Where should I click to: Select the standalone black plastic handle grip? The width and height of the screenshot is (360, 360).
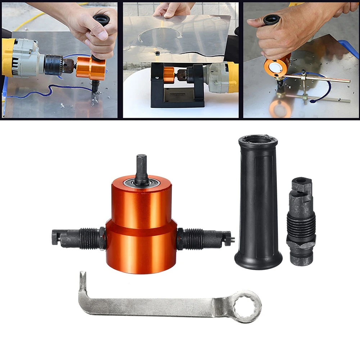coord(258,201)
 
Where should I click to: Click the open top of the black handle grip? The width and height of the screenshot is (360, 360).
coord(258,140)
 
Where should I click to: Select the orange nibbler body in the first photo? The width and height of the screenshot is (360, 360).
coord(91,68)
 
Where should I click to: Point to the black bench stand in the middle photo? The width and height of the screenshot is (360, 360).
coord(177,86)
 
